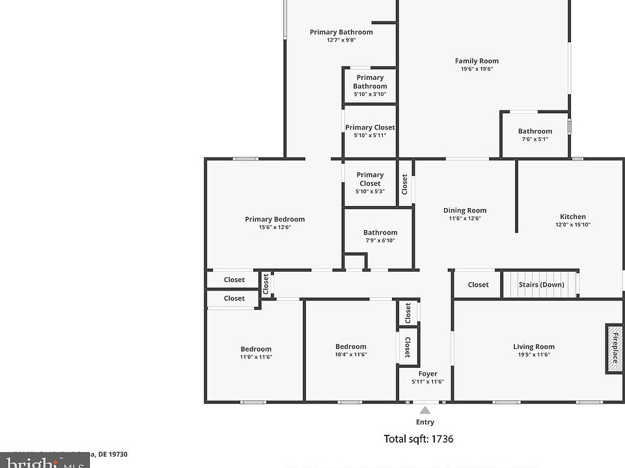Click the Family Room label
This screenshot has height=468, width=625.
477,61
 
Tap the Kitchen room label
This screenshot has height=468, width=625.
573,216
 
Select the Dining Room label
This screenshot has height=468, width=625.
465,210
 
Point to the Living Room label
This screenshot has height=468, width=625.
534,346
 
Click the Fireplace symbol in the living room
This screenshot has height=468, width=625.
614,348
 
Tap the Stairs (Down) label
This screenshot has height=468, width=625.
541,285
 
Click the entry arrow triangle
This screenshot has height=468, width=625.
425,410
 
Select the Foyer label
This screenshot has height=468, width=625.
428,374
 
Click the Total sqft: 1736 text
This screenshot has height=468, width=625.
419,439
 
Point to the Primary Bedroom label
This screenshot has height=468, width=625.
275,219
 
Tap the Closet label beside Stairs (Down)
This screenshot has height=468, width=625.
478,285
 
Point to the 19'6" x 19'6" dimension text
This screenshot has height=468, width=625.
477,69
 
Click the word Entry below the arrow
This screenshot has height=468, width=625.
425,422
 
